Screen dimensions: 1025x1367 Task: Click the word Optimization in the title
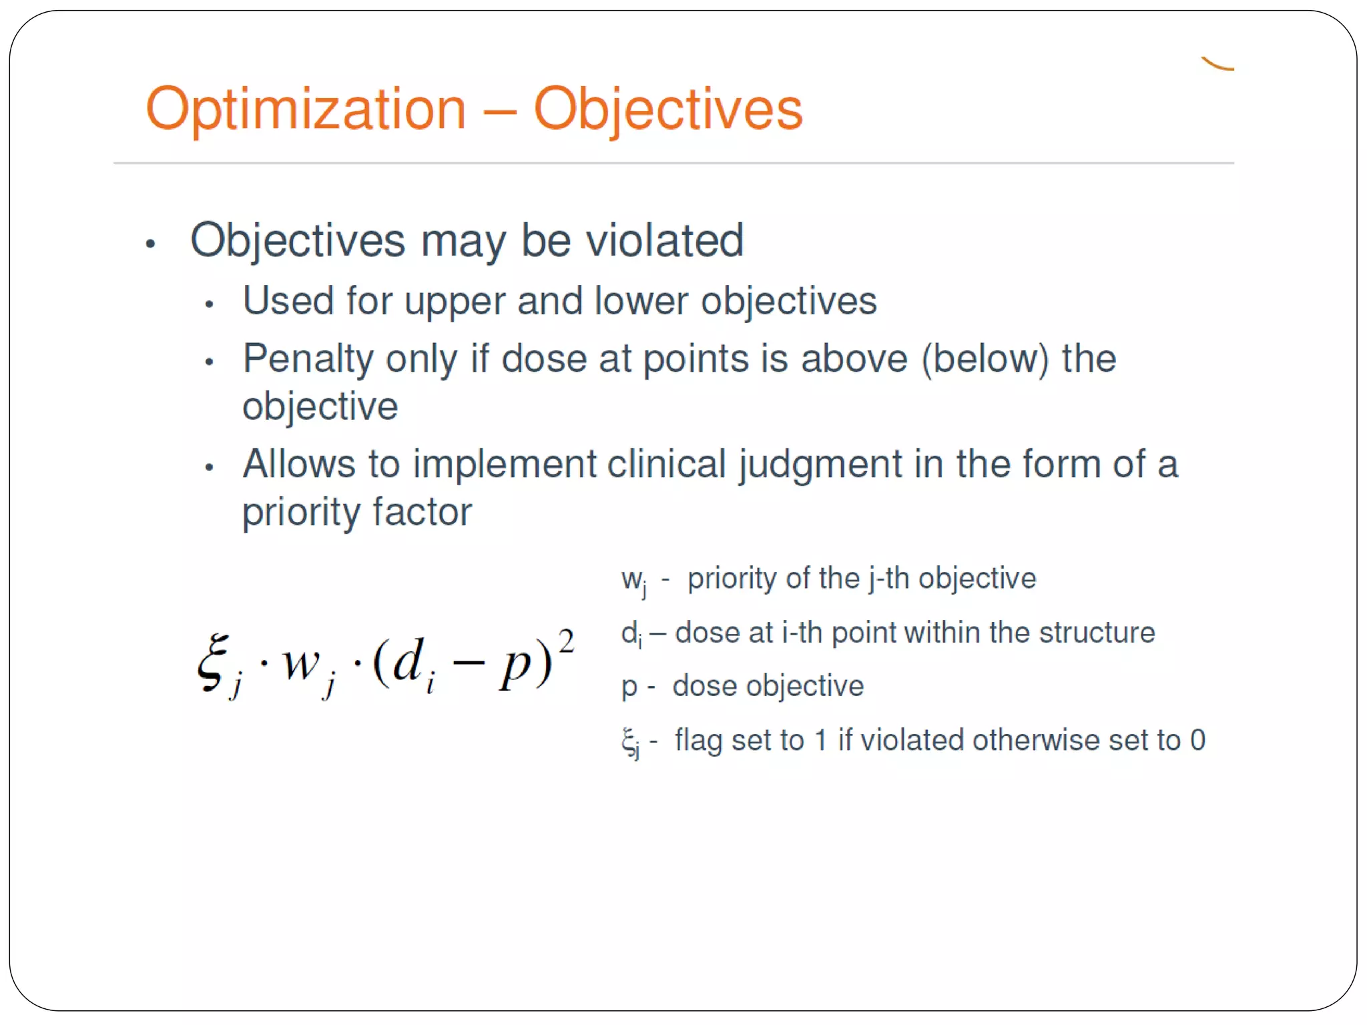[x=306, y=110]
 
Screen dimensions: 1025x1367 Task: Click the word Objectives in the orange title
[x=667, y=110]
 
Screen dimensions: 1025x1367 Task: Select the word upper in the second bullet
[x=454, y=302]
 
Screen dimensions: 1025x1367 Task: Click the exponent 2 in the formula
[x=566, y=642]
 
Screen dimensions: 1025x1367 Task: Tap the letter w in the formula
[x=300, y=664]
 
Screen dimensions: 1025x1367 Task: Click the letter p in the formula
[x=515, y=667]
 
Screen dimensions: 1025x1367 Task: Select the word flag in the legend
[x=698, y=741]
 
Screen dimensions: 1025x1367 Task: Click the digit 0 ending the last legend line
[x=1197, y=740]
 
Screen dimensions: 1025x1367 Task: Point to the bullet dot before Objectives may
[x=150, y=244]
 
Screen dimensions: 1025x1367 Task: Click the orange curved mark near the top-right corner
[x=1217, y=65]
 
